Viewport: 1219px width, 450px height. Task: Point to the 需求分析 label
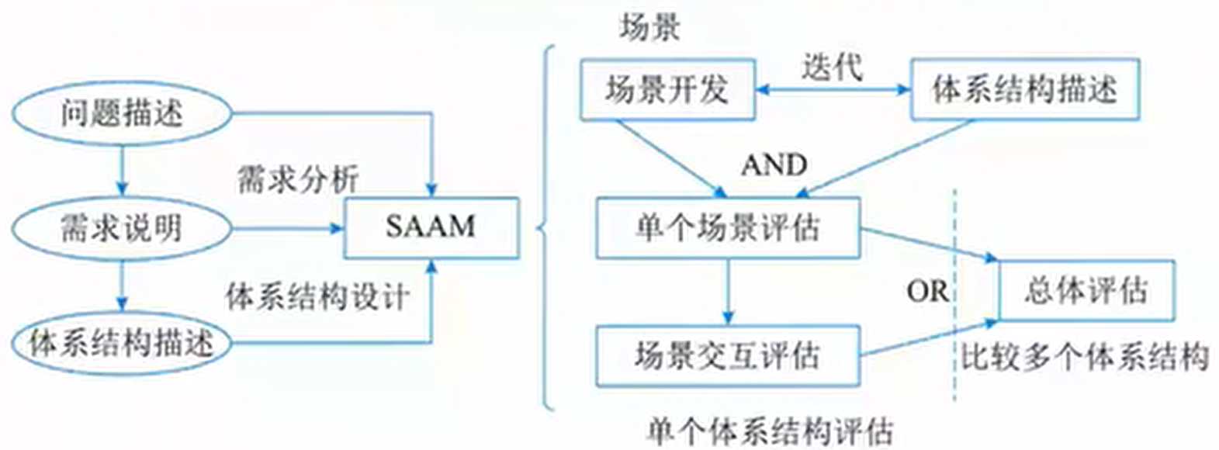(x=298, y=179)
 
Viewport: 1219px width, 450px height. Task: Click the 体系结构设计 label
(x=317, y=296)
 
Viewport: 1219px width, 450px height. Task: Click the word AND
(x=774, y=165)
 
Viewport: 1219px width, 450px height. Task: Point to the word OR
(x=926, y=292)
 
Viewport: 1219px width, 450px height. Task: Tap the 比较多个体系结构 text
(x=1085, y=357)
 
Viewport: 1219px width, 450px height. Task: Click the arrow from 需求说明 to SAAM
(x=288, y=228)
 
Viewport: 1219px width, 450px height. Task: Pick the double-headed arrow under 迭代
(x=833, y=90)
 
